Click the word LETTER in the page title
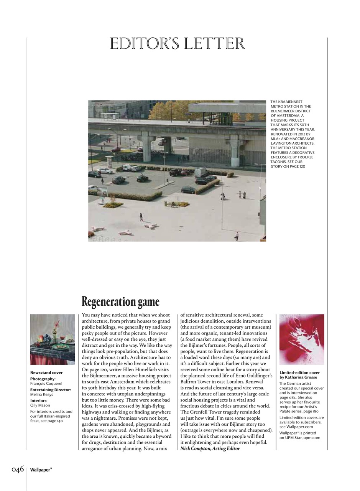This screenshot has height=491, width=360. click(214, 44)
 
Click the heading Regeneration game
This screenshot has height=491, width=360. click(120, 302)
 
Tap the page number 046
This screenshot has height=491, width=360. click(18, 470)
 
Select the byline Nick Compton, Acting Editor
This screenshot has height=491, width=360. click(210, 448)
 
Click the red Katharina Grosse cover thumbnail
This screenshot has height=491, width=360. click(302, 339)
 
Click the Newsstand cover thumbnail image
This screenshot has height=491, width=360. click(53, 339)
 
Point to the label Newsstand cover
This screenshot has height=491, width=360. click(46, 372)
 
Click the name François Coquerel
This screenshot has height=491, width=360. click(46, 383)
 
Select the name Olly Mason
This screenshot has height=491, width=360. click(40, 405)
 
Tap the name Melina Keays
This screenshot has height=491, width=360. click(42, 394)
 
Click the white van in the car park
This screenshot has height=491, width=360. click(201, 172)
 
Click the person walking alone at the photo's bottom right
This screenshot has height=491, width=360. click(237, 236)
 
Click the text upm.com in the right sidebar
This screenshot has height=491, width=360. click(312, 438)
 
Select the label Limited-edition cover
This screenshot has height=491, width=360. click(299, 372)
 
